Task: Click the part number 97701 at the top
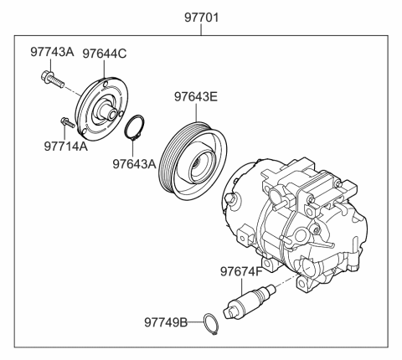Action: [201, 16]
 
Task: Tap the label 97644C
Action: [103, 54]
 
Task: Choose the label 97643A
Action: [134, 164]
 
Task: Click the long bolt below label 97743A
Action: [51, 80]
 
